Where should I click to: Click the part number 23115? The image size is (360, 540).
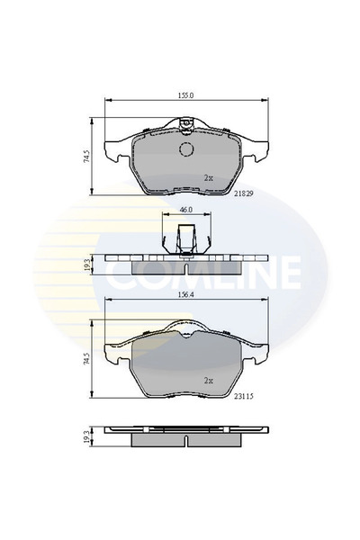pyautogui.click(x=244, y=393)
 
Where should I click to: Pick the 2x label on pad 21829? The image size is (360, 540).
pyautogui.click(x=208, y=177)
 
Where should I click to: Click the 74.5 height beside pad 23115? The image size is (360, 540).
pyautogui.click(x=87, y=357)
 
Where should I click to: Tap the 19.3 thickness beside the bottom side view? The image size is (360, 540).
pyautogui.click(x=87, y=436)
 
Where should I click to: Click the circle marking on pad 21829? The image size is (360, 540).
pyautogui.click(x=187, y=150)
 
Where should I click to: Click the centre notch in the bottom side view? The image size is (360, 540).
pyautogui.click(x=187, y=442)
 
